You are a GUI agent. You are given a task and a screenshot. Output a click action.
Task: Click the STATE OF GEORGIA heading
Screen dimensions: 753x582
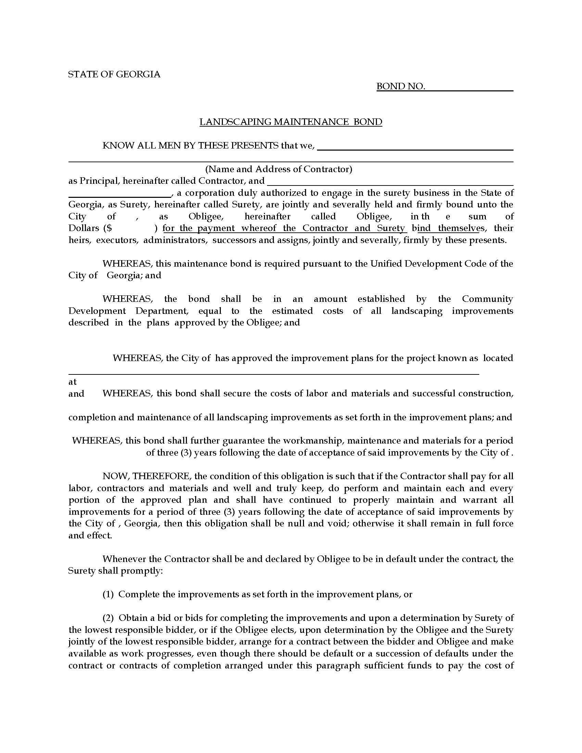click(114, 74)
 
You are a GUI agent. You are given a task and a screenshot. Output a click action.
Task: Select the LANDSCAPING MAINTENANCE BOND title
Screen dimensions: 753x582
click(291, 122)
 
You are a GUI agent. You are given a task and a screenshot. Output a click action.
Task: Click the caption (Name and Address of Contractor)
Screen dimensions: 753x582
click(279, 169)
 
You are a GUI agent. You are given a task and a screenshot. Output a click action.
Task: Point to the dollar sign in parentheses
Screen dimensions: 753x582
click(109, 228)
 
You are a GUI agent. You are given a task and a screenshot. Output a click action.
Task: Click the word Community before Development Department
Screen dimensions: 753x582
click(487, 299)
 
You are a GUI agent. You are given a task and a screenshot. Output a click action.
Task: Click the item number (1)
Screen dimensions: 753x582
click(108, 595)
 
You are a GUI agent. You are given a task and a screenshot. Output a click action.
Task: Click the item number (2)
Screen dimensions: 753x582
click(108, 618)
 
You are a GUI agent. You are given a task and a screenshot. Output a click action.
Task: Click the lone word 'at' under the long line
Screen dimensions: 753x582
click(72, 382)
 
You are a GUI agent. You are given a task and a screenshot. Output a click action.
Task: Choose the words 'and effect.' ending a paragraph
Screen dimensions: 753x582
click(90, 535)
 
